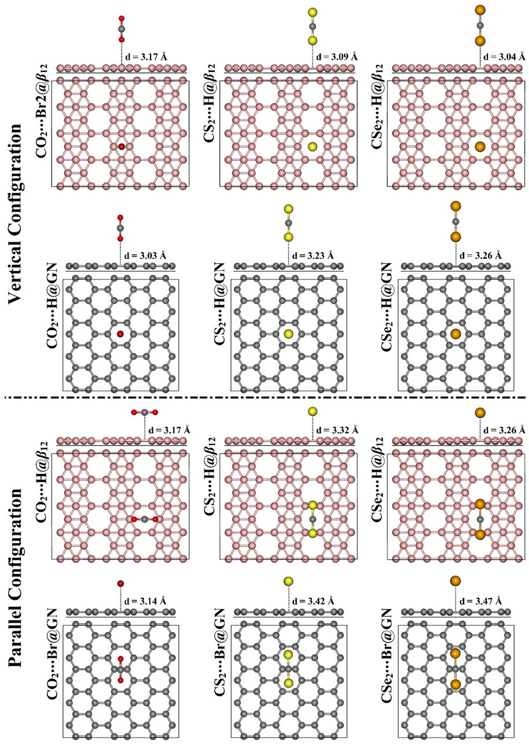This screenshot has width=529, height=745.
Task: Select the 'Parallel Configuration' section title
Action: tap(19, 579)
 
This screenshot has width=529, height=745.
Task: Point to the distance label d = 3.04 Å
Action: tap(504, 56)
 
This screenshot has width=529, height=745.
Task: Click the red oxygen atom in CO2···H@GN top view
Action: tap(120, 334)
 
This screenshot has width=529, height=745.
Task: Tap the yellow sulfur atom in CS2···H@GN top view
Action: tap(289, 334)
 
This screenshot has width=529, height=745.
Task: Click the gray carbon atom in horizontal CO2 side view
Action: tap(144, 412)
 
